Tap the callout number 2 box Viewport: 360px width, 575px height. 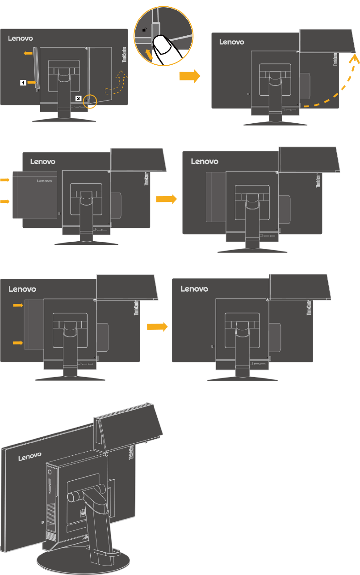tap(78, 97)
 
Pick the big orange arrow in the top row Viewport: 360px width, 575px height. tap(189, 76)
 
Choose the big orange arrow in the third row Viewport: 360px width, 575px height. tap(157, 327)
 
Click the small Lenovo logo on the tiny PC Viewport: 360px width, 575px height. tap(44, 181)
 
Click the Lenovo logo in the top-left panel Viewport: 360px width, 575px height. tap(21, 38)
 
